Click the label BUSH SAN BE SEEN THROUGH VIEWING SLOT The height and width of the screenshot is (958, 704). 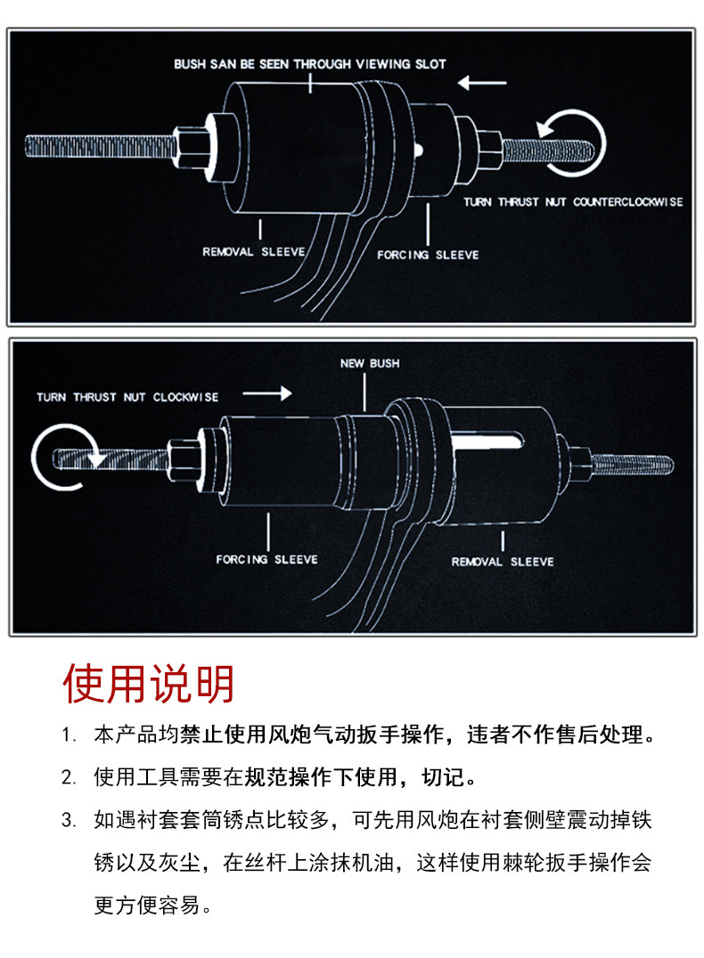tap(309, 64)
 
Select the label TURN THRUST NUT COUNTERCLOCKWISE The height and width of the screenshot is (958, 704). tap(573, 202)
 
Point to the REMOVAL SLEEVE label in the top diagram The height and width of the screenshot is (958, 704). tap(253, 252)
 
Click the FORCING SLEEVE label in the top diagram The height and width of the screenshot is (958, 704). tap(428, 255)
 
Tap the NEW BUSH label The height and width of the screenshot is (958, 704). tap(370, 363)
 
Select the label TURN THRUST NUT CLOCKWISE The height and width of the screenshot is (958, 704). tap(127, 397)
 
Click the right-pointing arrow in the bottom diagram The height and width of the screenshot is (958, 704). tap(267, 393)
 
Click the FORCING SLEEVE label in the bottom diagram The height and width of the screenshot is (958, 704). tap(266, 559)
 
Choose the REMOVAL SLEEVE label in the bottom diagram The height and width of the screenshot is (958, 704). tap(503, 562)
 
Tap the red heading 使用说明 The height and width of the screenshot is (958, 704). tap(149, 684)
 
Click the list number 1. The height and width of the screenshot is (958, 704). tap(69, 736)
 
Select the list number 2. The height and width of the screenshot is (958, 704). tap(69, 777)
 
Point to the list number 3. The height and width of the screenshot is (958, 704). tap(69, 820)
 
